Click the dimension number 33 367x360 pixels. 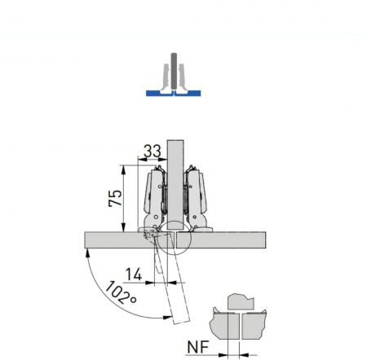(153, 151)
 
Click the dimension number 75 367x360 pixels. (115, 198)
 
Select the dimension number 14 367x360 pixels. (134, 274)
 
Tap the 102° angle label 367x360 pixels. (120, 293)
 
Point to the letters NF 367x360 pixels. (198, 347)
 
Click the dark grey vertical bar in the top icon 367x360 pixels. (174, 71)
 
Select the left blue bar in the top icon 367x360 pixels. (159, 93)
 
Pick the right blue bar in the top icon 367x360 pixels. (188, 93)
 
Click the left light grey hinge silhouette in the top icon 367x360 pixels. (166, 77)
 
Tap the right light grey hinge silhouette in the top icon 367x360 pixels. (182, 77)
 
